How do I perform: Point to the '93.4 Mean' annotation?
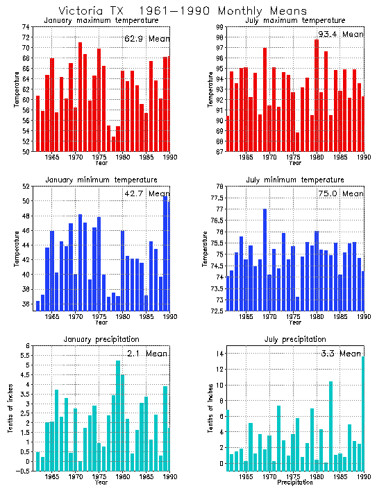(340, 34)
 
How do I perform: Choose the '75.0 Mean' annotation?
(340, 193)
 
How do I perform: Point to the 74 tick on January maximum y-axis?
(26, 27)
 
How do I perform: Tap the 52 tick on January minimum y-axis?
(26, 187)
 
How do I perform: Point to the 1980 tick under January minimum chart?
(123, 317)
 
